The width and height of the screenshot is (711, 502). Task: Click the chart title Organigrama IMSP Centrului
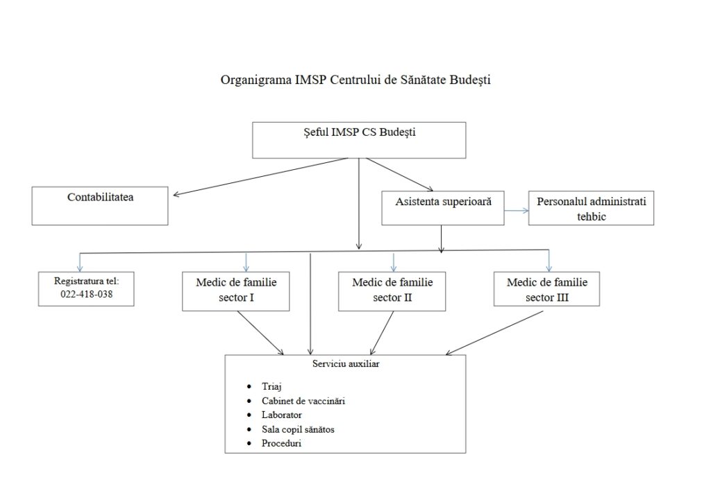click(355, 80)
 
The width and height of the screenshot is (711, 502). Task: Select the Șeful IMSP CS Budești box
click(358, 140)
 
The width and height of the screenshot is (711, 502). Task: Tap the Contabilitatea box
click(100, 205)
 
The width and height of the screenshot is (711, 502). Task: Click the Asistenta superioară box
click(443, 208)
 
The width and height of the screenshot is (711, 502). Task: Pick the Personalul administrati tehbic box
click(591, 208)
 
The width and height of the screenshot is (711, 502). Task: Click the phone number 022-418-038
click(86, 294)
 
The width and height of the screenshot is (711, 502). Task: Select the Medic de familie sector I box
click(235, 291)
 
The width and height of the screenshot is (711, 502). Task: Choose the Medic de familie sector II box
click(392, 291)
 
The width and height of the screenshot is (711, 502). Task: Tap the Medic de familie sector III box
click(546, 289)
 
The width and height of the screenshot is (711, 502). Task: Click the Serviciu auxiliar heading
click(345, 363)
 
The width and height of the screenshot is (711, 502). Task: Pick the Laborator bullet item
click(282, 415)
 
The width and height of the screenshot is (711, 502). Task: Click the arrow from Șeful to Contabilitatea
click(260, 177)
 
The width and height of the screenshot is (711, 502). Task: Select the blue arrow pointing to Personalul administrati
click(516, 209)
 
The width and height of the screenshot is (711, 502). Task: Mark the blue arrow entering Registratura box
click(81, 261)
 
